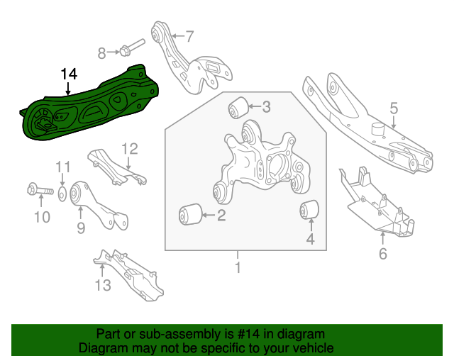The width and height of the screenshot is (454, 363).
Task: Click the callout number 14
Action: pyautogui.click(x=69, y=74)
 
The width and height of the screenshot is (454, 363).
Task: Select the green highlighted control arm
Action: pyautogui.click(x=92, y=106)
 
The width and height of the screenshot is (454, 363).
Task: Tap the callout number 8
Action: pyautogui.click(x=101, y=52)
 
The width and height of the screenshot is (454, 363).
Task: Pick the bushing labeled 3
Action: pyautogui.click(x=237, y=108)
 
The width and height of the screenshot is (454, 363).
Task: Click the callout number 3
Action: pyautogui.click(x=266, y=108)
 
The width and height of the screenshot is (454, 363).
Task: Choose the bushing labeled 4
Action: pyautogui.click(x=309, y=210)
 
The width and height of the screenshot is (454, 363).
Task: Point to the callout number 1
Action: pyautogui.click(x=238, y=268)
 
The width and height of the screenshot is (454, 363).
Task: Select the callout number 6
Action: pyautogui.click(x=383, y=254)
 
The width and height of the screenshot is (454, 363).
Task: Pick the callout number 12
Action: pyautogui.click(x=128, y=149)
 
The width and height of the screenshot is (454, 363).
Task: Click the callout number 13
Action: pyautogui.click(x=103, y=285)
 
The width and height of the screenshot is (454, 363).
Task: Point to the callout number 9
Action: pyautogui.click(x=80, y=228)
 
